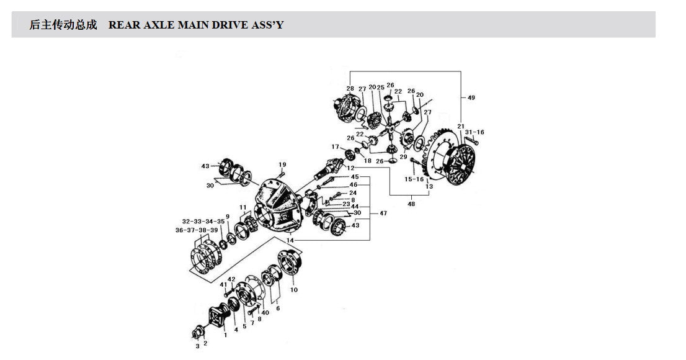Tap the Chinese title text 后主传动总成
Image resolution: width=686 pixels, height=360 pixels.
63,25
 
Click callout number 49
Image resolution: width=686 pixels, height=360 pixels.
471,97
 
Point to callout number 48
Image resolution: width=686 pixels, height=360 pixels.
411,204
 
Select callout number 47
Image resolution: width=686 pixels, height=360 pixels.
383,214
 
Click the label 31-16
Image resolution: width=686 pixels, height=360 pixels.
474,132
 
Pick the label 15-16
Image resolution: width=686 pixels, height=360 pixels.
414,179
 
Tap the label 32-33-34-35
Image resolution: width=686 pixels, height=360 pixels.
203,221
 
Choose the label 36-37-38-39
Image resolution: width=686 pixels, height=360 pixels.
197,230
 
